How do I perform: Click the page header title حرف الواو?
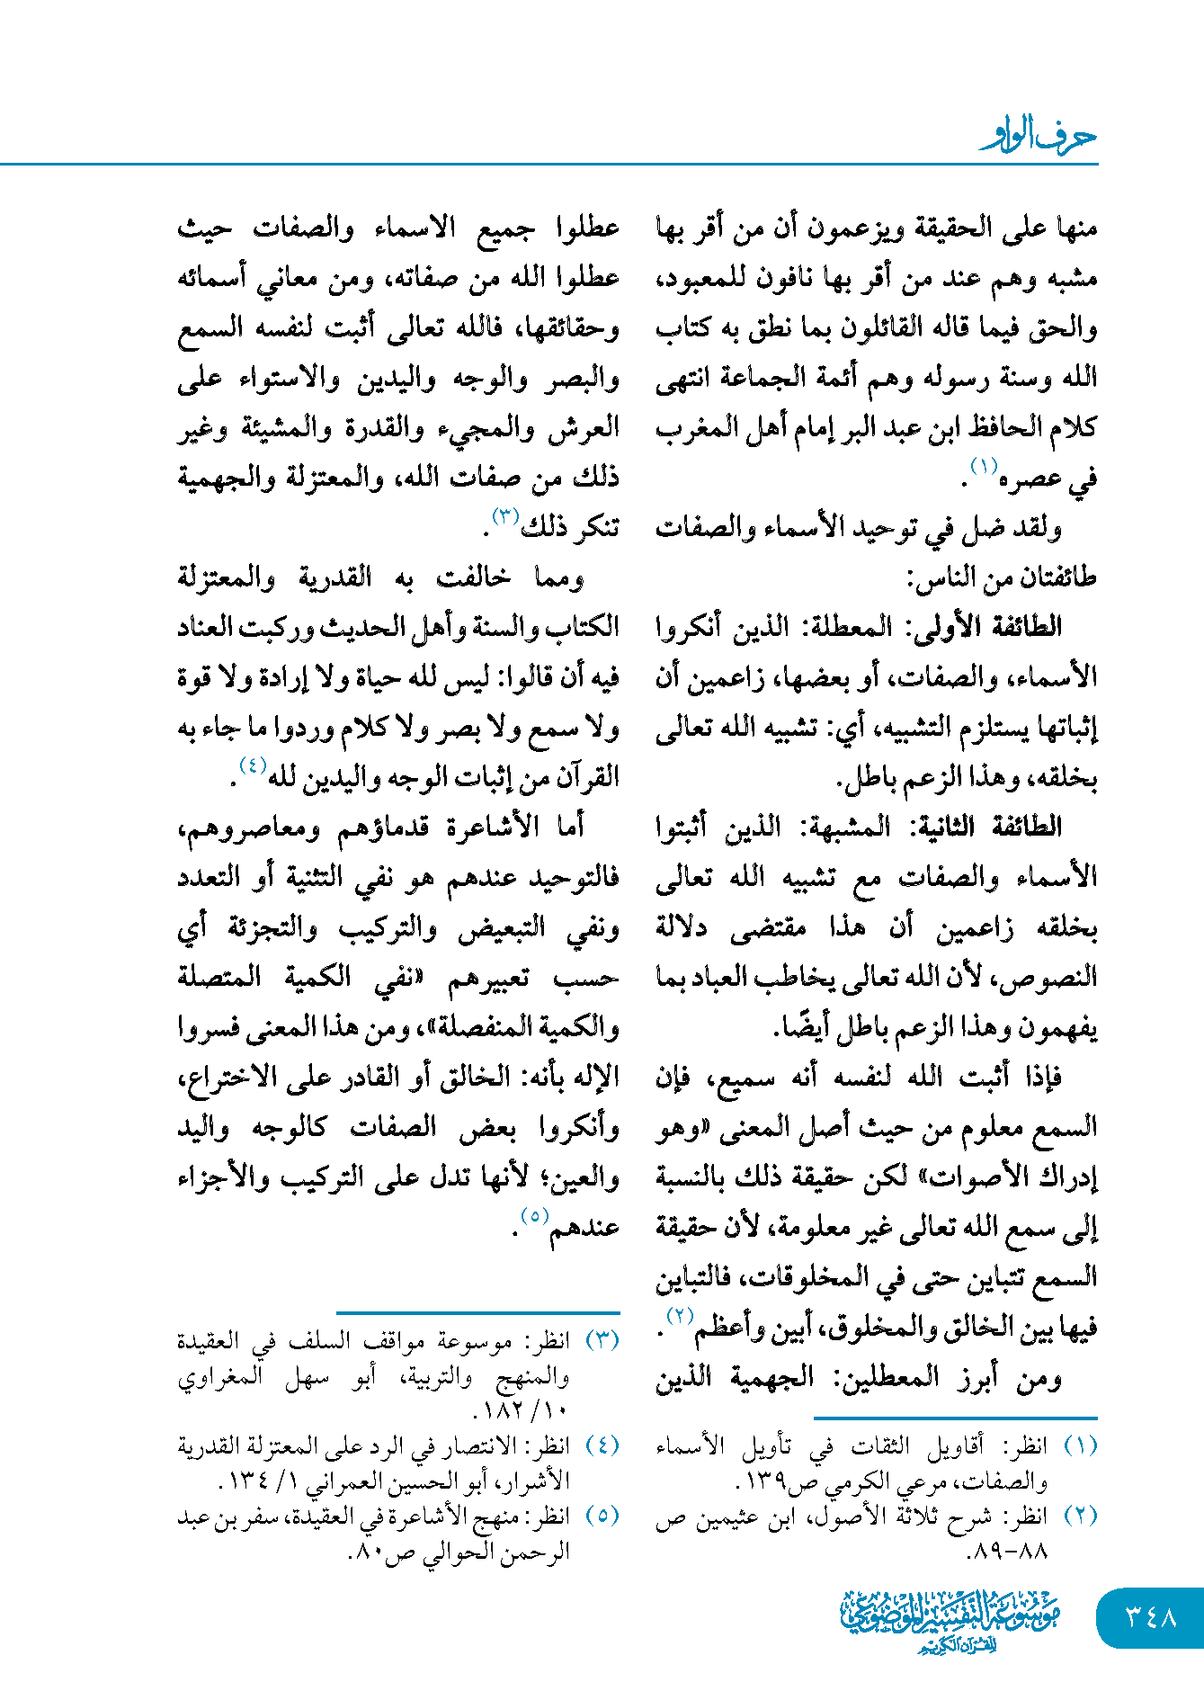(x=1039, y=138)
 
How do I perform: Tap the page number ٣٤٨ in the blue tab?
(x=1151, y=1617)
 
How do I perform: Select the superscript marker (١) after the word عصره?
(x=983, y=466)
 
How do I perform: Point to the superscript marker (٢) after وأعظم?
(x=679, y=1315)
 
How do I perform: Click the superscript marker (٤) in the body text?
(x=253, y=765)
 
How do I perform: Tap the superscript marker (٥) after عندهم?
(x=534, y=1215)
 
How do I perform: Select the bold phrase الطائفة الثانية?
(x=984, y=827)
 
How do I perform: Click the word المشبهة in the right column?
(x=851, y=827)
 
